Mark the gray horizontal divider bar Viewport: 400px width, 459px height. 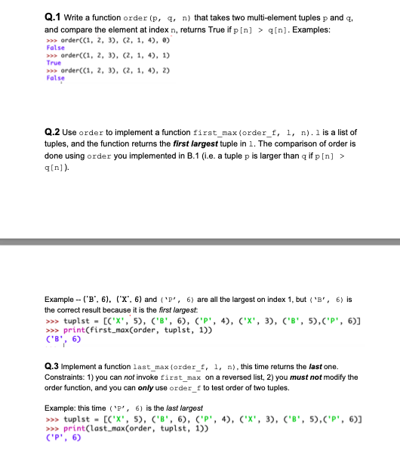[200, 243]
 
